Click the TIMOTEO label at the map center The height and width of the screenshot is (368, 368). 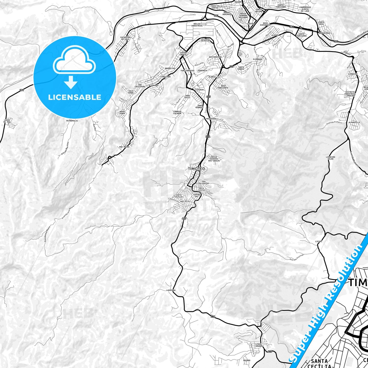coord(196,169)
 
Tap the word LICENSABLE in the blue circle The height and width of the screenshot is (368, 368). coord(75,97)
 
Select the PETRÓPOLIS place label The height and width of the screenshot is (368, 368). coord(72,121)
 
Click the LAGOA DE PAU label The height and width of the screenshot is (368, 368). coord(7,121)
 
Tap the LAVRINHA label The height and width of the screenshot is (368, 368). coord(170,290)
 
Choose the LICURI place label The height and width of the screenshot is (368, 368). coord(319,241)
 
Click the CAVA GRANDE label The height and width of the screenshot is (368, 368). coord(259,345)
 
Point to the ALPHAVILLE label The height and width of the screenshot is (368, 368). coord(355,122)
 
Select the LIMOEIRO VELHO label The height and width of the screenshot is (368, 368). coord(331,158)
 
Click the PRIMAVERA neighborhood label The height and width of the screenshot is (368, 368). coord(211,119)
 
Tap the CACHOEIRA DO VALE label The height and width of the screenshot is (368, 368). coord(125,38)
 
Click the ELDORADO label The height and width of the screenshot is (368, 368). coord(258,59)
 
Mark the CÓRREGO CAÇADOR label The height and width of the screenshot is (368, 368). coord(177,112)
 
